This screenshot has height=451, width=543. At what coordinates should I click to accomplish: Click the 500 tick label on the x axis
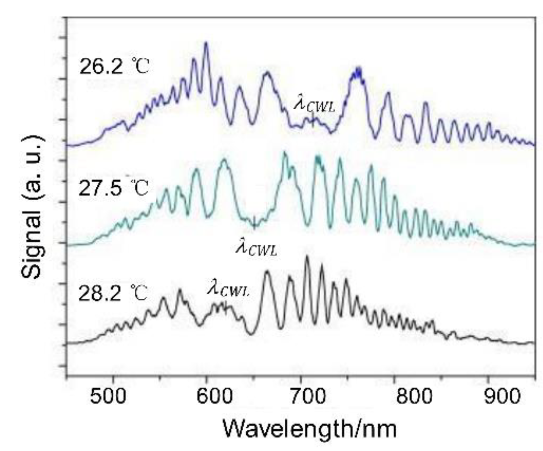pyautogui.click(x=112, y=396)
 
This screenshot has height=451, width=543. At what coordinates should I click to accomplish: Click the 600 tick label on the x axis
pyautogui.click(x=207, y=396)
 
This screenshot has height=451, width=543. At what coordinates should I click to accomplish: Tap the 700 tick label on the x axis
pyautogui.click(x=301, y=396)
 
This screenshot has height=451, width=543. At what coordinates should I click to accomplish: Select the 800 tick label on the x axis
pyautogui.click(x=395, y=396)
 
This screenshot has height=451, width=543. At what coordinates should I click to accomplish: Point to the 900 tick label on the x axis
pyautogui.click(x=488, y=396)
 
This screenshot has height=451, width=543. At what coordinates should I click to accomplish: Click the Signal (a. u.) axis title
pyautogui.click(x=32, y=207)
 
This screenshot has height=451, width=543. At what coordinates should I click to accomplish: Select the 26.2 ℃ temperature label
pyautogui.click(x=113, y=67)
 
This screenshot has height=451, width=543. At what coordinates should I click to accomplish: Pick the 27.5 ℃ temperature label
pyautogui.click(x=113, y=189)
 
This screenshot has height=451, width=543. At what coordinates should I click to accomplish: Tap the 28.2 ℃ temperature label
pyautogui.click(x=113, y=293)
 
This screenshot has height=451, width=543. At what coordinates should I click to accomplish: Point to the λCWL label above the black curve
pyautogui.click(x=228, y=289)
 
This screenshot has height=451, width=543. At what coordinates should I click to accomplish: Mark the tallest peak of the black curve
pyautogui.click(x=307, y=256)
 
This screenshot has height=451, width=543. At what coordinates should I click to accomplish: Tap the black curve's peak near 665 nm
pyautogui.click(x=267, y=272)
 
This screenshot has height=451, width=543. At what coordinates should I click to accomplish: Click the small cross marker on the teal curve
pyautogui.click(x=254, y=224)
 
